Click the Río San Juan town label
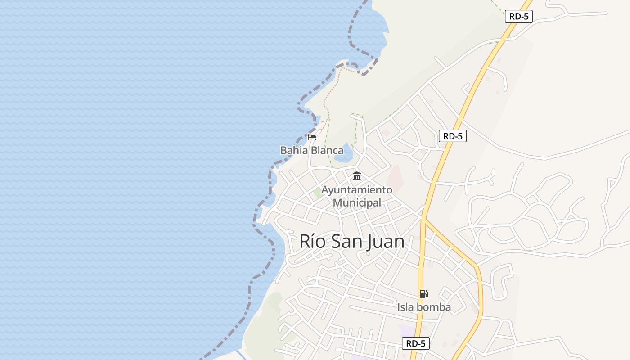click(352, 242)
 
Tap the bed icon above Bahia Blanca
click(312, 137)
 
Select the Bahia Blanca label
click(311, 150)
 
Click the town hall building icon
click(357, 176)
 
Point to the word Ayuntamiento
click(357, 190)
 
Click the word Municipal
click(357, 202)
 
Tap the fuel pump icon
click(423, 294)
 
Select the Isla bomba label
click(424, 307)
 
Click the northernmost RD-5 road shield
click(519, 16)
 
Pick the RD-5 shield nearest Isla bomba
click(415, 343)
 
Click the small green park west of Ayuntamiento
click(318, 193)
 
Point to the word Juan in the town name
click(384, 242)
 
